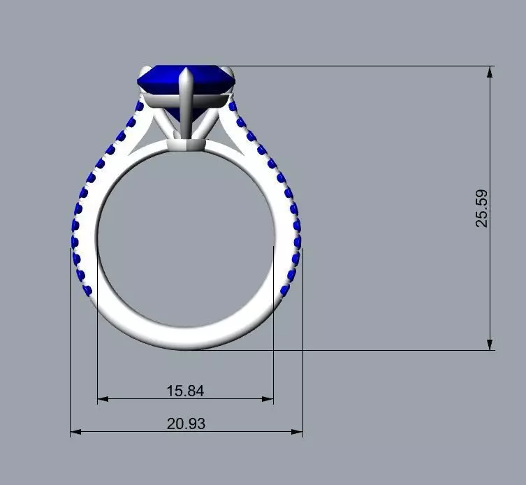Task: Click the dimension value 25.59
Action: [x=481, y=208]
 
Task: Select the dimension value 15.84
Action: [x=185, y=391]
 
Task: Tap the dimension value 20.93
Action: [x=187, y=424]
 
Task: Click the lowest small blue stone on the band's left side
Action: [x=87, y=290]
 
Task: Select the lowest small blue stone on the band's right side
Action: [x=284, y=290]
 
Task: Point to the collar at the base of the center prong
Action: [x=187, y=145]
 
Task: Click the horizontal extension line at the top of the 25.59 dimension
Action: [x=363, y=66]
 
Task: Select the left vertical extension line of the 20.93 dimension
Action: [x=71, y=349]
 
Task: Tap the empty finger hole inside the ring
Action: [x=185, y=238]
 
